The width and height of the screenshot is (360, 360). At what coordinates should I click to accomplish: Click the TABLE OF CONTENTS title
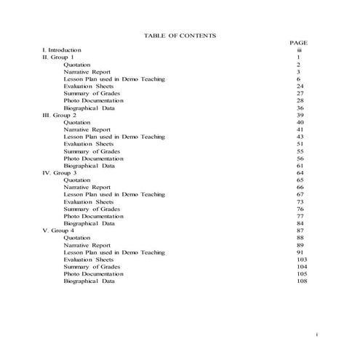(x=180, y=35)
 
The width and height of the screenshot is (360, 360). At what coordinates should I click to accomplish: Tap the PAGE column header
(x=299, y=43)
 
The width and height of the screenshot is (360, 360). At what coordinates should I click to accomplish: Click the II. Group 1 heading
(x=58, y=57)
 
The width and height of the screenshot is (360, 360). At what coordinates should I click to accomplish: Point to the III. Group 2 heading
(x=60, y=115)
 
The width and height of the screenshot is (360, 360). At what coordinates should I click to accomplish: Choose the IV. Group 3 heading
(x=60, y=172)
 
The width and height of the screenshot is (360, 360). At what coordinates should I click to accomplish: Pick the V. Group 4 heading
(x=58, y=231)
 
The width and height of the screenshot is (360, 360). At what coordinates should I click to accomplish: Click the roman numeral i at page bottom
(x=318, y=334)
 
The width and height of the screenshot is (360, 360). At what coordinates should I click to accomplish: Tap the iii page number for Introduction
(x=299, y=50)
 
